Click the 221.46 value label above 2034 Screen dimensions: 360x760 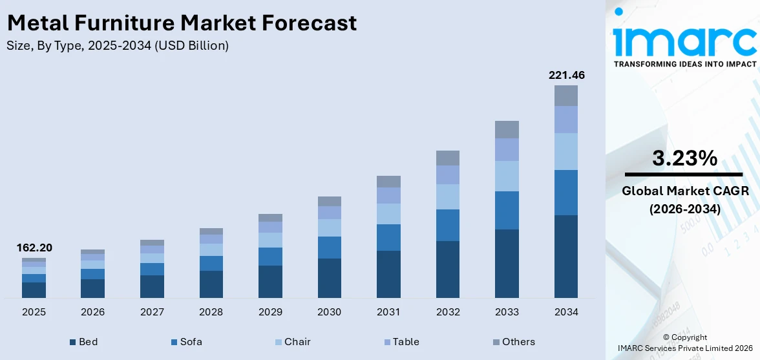566,76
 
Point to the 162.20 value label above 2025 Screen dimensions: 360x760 34,248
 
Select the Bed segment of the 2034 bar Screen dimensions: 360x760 566,256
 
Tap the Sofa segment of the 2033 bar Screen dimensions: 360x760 507,210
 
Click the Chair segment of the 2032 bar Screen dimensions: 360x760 447,196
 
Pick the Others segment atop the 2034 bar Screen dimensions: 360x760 566,96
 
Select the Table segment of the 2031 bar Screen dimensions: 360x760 388,195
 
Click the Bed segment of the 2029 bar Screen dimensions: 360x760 270,281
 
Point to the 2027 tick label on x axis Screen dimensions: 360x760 152,312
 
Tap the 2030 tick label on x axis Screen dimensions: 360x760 329,312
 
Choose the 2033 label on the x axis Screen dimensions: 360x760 507,312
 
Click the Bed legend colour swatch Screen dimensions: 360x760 73,342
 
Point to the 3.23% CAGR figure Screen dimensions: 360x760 684,158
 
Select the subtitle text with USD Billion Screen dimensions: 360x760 118,46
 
